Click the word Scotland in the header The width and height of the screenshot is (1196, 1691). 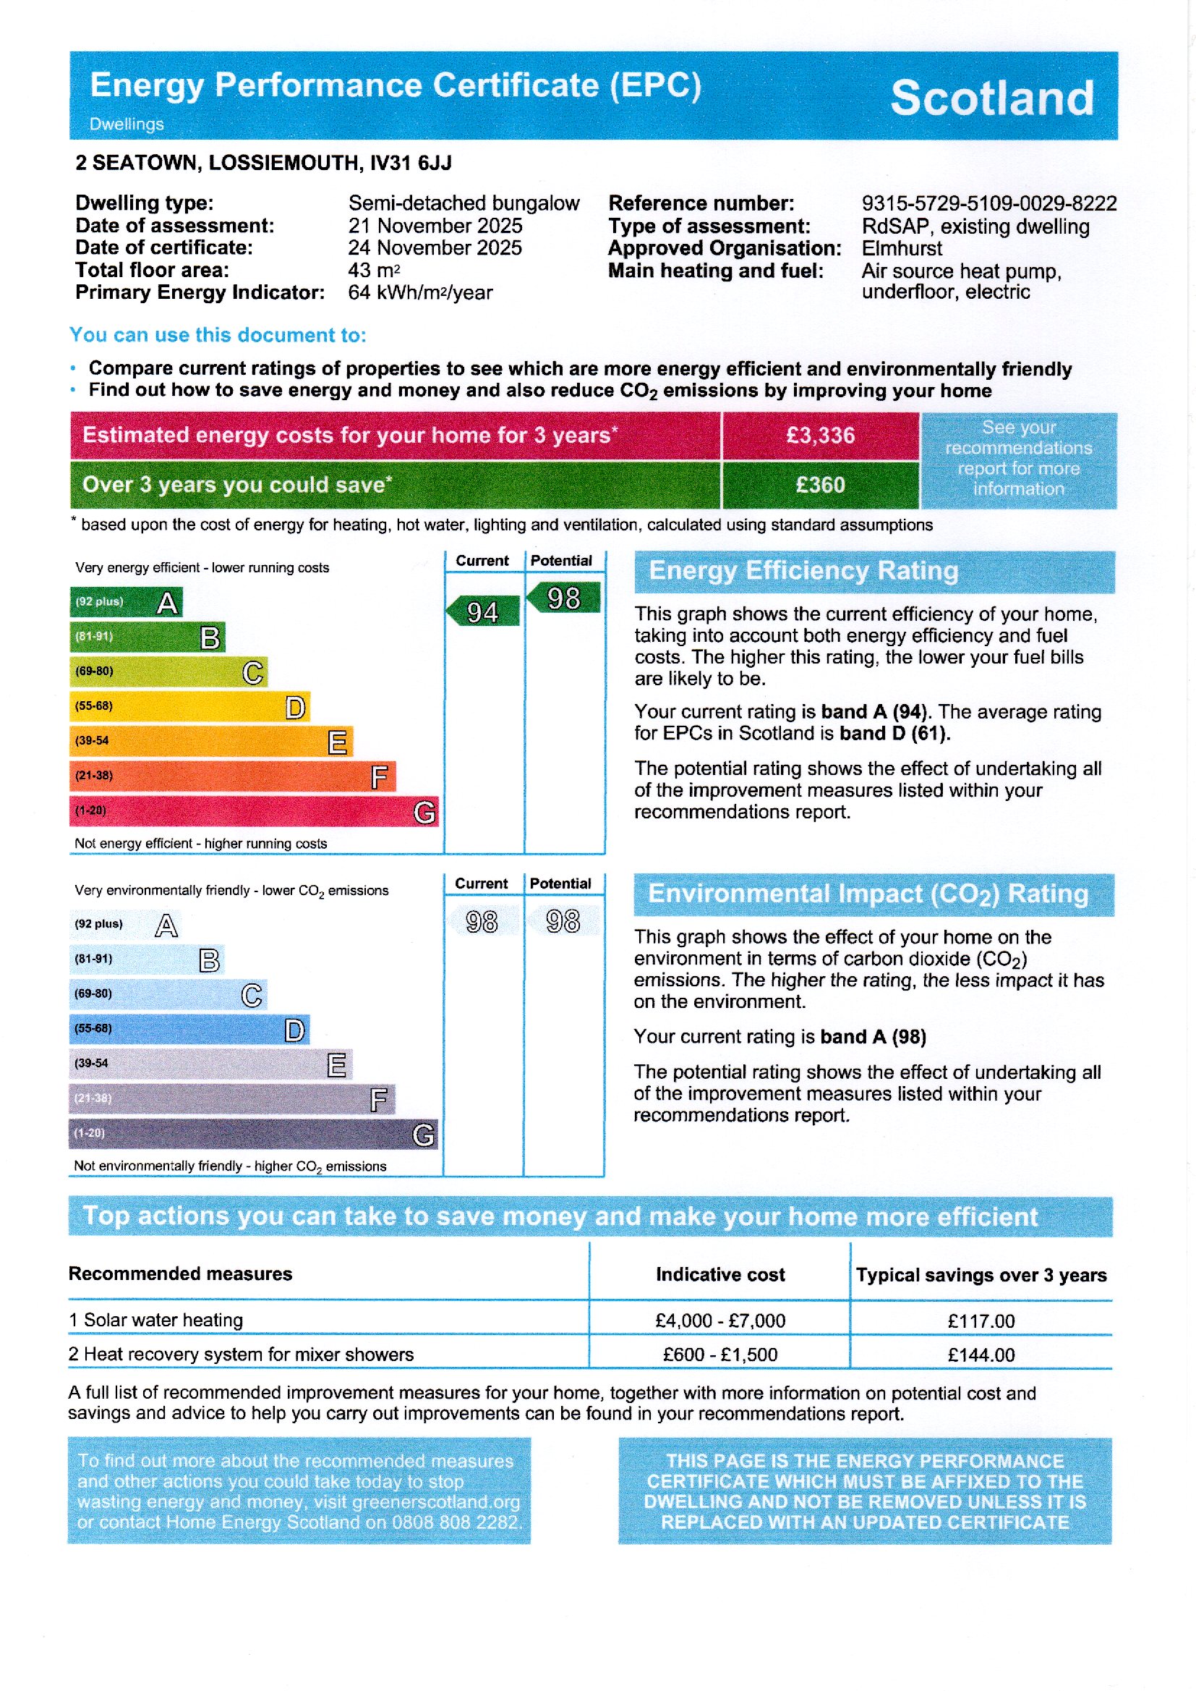[x=991, y=98]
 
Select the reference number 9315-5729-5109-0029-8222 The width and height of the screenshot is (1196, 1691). [x=988, y=203]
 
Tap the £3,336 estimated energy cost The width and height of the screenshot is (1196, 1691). [x=821, y=436]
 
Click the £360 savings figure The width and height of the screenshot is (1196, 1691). [x=821, y=485]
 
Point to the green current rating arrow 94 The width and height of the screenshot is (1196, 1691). [x=482, y=611]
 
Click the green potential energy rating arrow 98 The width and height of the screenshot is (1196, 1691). [x=563, y=598]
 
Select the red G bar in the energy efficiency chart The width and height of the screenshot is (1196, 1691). [x=253, y=811]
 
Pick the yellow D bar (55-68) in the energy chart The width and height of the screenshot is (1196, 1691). [x=189, y=707]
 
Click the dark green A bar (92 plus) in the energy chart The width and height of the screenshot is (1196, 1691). [x=125, y=602]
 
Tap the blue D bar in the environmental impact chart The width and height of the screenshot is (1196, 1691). [x=189, y=1030]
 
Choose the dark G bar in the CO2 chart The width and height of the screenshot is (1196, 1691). [x=253, y=1134]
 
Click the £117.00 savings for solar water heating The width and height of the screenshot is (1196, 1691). [x=981, y=1321]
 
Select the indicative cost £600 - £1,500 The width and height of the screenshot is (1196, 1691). [x=719, y=1355]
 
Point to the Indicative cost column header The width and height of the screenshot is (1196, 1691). [x=719, y=1275]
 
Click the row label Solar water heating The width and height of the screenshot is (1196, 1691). [x=163, y=1320]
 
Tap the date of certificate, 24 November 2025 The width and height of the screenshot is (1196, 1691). [x=435, y=247]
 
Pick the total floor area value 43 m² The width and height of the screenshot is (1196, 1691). [x=373, y=271]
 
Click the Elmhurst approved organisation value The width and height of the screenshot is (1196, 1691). [x=902, y=248]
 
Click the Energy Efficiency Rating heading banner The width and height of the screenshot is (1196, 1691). [x=873, y=572]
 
